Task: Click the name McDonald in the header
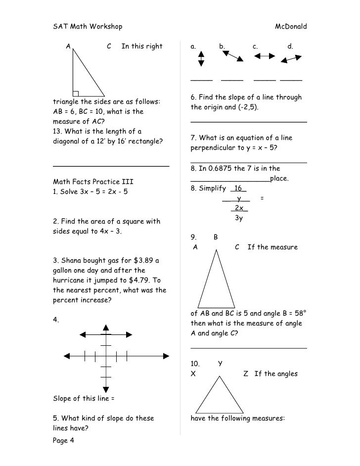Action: [x=291, y=25]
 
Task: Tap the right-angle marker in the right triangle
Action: [x=76, y=93]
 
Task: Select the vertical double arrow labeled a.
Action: [x=201, y=60]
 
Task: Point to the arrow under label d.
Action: [x=291, y=59]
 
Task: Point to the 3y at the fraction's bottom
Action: [x=238, y=218]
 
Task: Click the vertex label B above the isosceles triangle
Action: [x=216, y=237]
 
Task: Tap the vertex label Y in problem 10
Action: [x=220, y=364]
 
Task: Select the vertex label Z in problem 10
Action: [x=246, y=373]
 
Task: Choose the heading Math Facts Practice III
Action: [x=93, y=181]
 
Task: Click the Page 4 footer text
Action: [x=63, y=442]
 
